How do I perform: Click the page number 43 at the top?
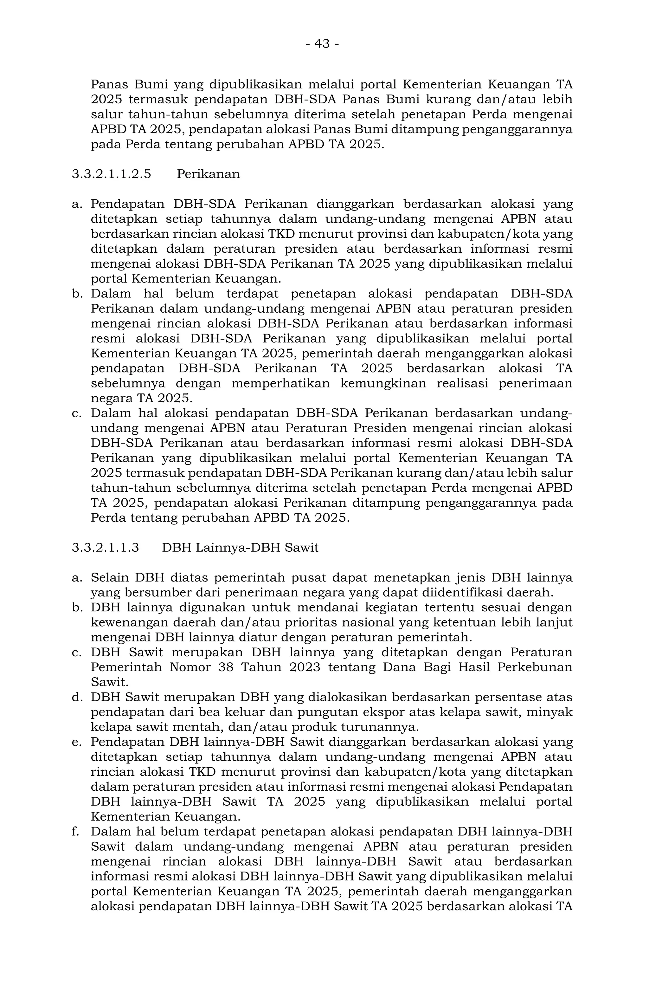point(322,43)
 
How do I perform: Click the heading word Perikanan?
point(208,174)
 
